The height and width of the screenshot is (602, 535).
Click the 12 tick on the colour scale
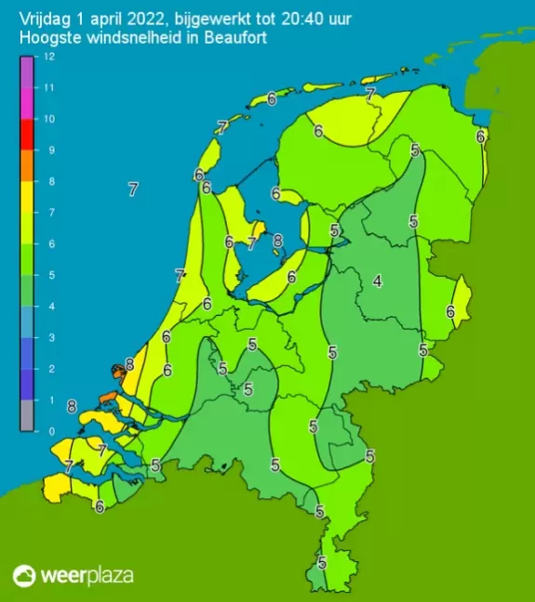(x=49, y=57)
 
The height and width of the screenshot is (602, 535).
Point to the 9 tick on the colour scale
(x=49, y=150)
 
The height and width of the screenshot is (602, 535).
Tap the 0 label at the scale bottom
(x=48, y=431)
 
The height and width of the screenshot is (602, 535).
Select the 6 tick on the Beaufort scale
(x=49, y=243)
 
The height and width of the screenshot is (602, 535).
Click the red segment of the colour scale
(x=26, y=134)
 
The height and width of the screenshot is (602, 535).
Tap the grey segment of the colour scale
(x=26, y=415)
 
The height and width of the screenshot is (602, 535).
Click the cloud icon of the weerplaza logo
(x=25, y=575)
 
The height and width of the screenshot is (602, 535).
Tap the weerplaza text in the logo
(x=87, y=575)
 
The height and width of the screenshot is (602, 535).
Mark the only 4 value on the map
(x=378, y=281)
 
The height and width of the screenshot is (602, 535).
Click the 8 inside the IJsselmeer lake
(x=277, y=241)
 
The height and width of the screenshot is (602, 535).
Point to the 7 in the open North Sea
(x=133, y=190)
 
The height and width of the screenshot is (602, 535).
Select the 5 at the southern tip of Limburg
(x=322, y=562)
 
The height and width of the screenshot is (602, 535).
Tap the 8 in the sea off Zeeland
(x=72, y=405)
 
